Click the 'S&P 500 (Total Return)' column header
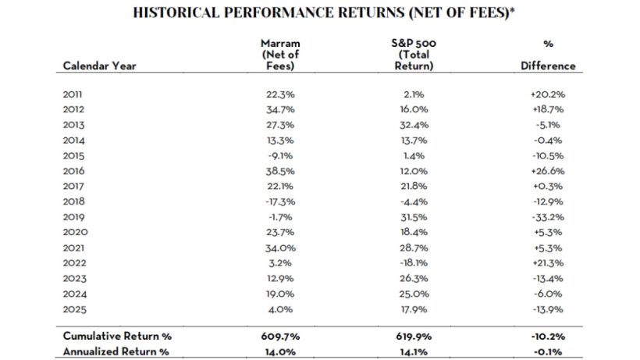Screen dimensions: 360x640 (x=414, y=54)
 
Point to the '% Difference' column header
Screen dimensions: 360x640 (x=548, y=54)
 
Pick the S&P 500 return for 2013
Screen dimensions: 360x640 (x=414, y=124)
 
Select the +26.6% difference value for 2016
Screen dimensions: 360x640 (x=548, y=169)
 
